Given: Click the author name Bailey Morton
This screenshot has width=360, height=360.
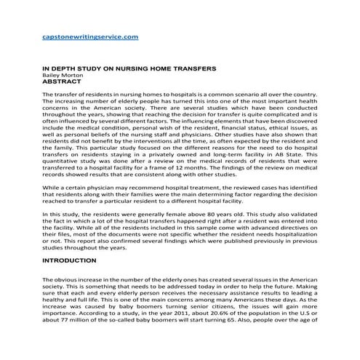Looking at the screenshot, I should tap(62, 76).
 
